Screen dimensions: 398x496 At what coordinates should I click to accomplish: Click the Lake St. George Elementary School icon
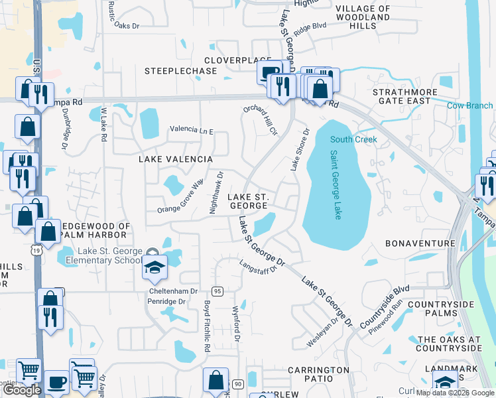tap(155, 267)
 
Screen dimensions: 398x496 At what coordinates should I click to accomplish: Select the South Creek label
tap(353, 139)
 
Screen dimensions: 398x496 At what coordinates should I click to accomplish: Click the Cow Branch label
tap(469, 105)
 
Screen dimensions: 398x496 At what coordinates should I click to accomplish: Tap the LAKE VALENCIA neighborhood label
tap(175, 159)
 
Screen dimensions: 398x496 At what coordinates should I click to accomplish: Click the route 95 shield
tap(217, 291)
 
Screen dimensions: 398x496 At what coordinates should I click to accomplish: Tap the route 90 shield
tap(237, 384)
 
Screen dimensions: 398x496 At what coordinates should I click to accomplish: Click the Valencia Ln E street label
tap(192, 131)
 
